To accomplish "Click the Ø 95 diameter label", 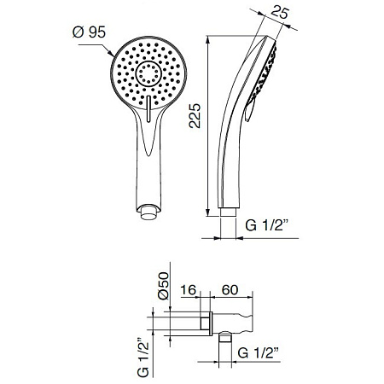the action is (89, 32).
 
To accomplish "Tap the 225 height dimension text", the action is (195, 116).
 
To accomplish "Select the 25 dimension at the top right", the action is (280, 13).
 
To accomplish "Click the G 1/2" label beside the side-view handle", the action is (267, 225).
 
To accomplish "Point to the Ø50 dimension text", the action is (164, 286).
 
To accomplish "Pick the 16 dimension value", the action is (189, 290).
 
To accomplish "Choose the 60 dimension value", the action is (230, 290).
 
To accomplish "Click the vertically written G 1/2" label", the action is (143, 358).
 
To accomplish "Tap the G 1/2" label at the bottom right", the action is (258, 353).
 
